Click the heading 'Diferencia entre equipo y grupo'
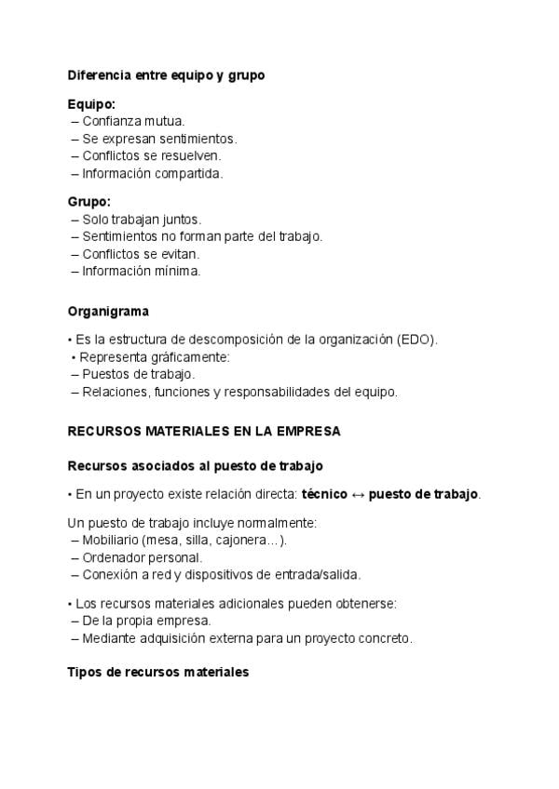pyautogui.click(x=166, y=75)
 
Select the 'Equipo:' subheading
pyautogui.click(x=91, y=104)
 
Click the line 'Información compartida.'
pyautogui.click(x=153, y=173)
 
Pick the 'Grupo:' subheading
pyautogui.click(x=89, y=201)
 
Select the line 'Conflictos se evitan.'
pyautogui.click(x=141, y=254)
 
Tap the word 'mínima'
pyautogui.click(x=177, y=272)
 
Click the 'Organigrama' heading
pyautogui.click(x=108, y=312)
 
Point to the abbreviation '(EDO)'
pyautogui.click(x=415, y=340)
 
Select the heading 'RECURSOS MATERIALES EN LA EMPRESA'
pyautogui.click(x=204, y=432)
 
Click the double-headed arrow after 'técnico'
pyautogui.click(x=358, y=494)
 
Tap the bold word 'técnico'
pyautogui.click(x=324, y=494)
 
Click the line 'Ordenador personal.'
pyautogui.click(x=142, y=557)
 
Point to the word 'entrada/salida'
pyautogui.click(x=318, y=574)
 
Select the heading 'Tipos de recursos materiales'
pyautogui.click(x=158, y=672)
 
